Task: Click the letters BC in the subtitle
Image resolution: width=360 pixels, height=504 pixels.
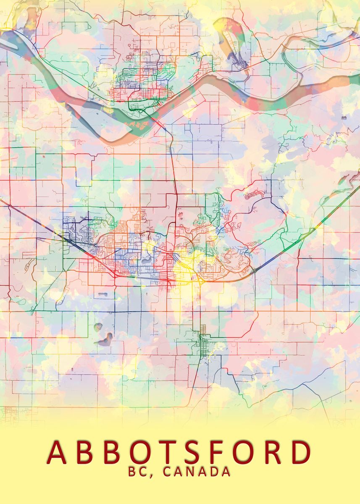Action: click(137, 472)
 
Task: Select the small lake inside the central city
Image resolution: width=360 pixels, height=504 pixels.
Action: click(147, 261)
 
